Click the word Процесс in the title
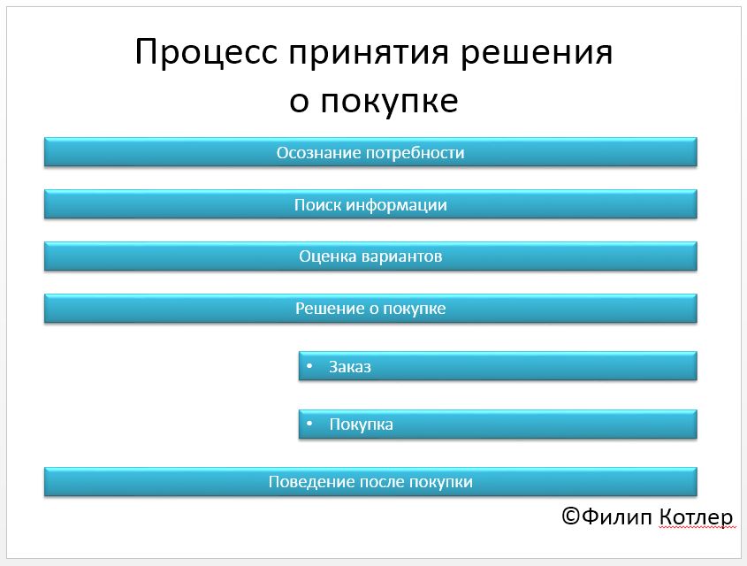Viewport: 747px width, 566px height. [x=206, y=52]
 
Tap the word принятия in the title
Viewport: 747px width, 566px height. [x=369, y=52]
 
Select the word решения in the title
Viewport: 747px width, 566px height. [x=537, y=52]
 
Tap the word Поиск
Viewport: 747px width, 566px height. [x=317, y=205]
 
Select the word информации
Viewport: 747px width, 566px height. [x=396, y=205]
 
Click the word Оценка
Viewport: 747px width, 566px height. [x=328, y=256]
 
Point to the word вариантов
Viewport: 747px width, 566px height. [x=401, y=256]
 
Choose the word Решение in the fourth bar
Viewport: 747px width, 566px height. [x=330, y=309]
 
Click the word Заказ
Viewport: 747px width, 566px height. [x=350, y=367]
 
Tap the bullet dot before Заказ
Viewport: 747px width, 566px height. [x=309, y=366]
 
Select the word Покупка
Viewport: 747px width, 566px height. [x=361, y=424]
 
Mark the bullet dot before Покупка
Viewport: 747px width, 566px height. [x=309, y=424]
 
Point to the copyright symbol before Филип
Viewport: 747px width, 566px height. [x=570, y=516]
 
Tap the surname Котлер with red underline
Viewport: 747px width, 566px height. [x=696, y=517]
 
